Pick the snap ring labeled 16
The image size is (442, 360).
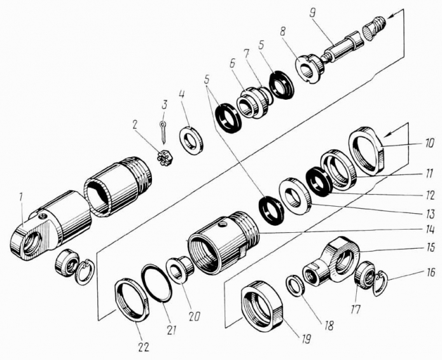[381, 282]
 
